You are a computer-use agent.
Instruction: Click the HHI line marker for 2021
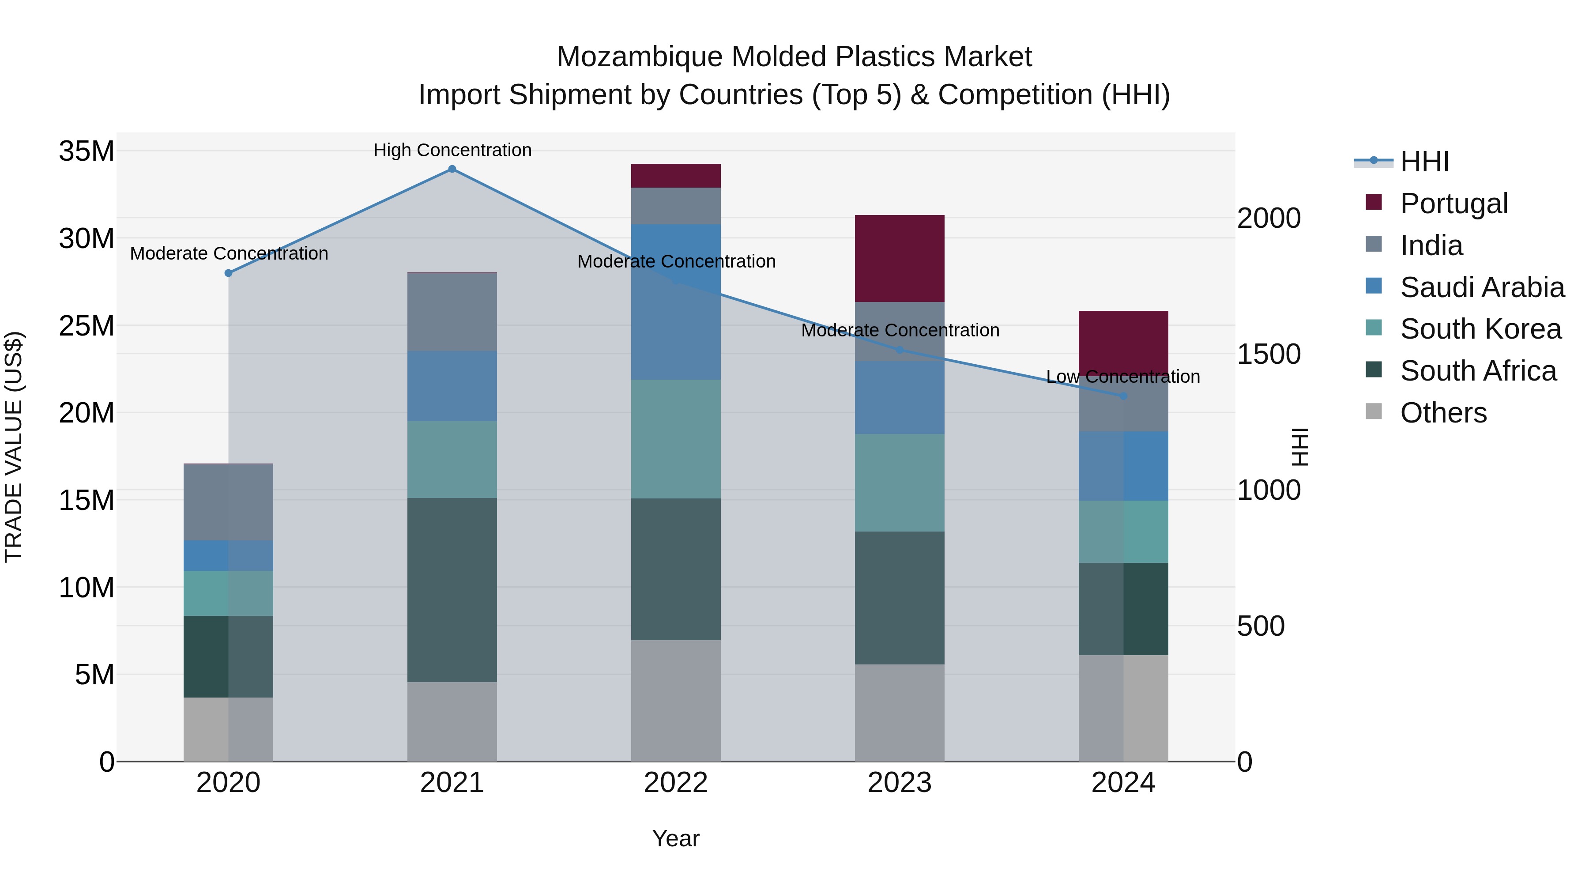[452, 169]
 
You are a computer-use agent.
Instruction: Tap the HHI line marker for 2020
[228, 273]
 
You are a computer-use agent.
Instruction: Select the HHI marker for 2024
[1123, 396]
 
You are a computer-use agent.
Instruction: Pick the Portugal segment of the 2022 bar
[675, 176]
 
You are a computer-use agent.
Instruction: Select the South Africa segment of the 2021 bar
[452, 589]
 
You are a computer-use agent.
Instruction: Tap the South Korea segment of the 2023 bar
[900, 483]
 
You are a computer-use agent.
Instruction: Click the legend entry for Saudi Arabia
[1482, 287]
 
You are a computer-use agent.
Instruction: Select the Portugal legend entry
[1453, 204]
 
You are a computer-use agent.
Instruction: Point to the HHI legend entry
[1424, 162]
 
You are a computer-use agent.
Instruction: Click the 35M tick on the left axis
[87, 151]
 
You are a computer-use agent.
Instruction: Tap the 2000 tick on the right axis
[1269, 219]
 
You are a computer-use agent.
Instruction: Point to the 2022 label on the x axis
[675, 783]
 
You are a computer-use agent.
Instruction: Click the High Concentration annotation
[452, 150]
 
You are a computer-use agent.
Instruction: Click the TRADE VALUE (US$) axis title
[14, 447]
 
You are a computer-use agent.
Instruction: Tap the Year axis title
[675, 838]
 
